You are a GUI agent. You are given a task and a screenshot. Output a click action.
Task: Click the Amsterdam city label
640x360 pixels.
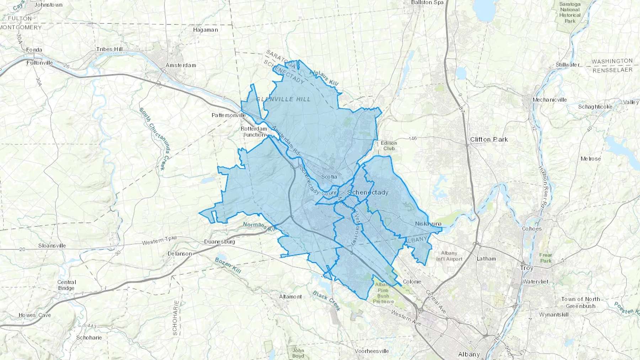181,65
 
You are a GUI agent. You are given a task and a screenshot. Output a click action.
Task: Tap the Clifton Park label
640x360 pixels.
489,139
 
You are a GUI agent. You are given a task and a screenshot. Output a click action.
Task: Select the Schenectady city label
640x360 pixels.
368,192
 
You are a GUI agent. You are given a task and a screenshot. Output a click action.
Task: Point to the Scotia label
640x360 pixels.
329,177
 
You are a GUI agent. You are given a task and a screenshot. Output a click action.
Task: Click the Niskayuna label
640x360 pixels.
428,224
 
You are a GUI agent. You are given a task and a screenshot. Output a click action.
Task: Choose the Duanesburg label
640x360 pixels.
219,242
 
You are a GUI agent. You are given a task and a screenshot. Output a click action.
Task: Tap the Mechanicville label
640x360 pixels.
549,100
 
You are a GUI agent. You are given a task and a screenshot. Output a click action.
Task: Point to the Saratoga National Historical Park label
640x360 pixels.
570,12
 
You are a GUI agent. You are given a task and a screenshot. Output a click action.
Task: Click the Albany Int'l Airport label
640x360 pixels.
449,256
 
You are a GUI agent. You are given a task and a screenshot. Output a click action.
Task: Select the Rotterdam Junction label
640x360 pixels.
254,131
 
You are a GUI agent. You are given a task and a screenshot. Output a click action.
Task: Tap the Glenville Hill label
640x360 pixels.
283,99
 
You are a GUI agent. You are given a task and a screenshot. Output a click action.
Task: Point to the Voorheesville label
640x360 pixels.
372,351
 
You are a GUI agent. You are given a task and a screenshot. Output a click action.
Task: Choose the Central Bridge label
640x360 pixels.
66,285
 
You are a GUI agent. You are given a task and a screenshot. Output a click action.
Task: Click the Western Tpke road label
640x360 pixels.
159,241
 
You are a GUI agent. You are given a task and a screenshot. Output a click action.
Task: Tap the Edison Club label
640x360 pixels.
389,145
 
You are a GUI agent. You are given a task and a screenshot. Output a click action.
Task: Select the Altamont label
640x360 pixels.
290,296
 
